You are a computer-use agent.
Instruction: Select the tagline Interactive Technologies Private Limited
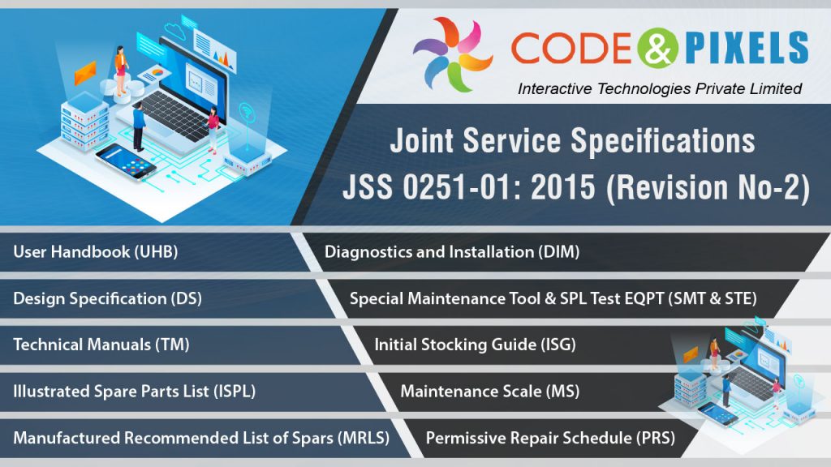pyautogui.click(x=660, y=88)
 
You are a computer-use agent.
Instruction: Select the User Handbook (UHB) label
pyautogui.click(x=95, y=251)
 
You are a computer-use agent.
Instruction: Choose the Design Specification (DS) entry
pyautogui.click(x=107, y=298)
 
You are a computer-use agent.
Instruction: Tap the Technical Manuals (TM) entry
pyautogui.click(x=101, y=344)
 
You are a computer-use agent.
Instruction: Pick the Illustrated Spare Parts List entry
pyautogui.click(x=134, y=391)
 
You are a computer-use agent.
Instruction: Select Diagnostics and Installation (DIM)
pyautogui.click(x=452, y=251)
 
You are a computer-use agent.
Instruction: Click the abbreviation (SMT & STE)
pyautogui.click(x=712, y=298)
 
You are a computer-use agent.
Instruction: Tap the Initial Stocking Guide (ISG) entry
pyautogui.click(x=475, y=344)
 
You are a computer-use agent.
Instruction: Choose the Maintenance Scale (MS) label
pyautogui.click(x=489, y=391)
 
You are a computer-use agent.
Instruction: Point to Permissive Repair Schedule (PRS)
pyautogui.click(x=550, y=438)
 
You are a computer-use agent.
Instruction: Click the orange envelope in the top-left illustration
pyautogui.click(x=84, y=72)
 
